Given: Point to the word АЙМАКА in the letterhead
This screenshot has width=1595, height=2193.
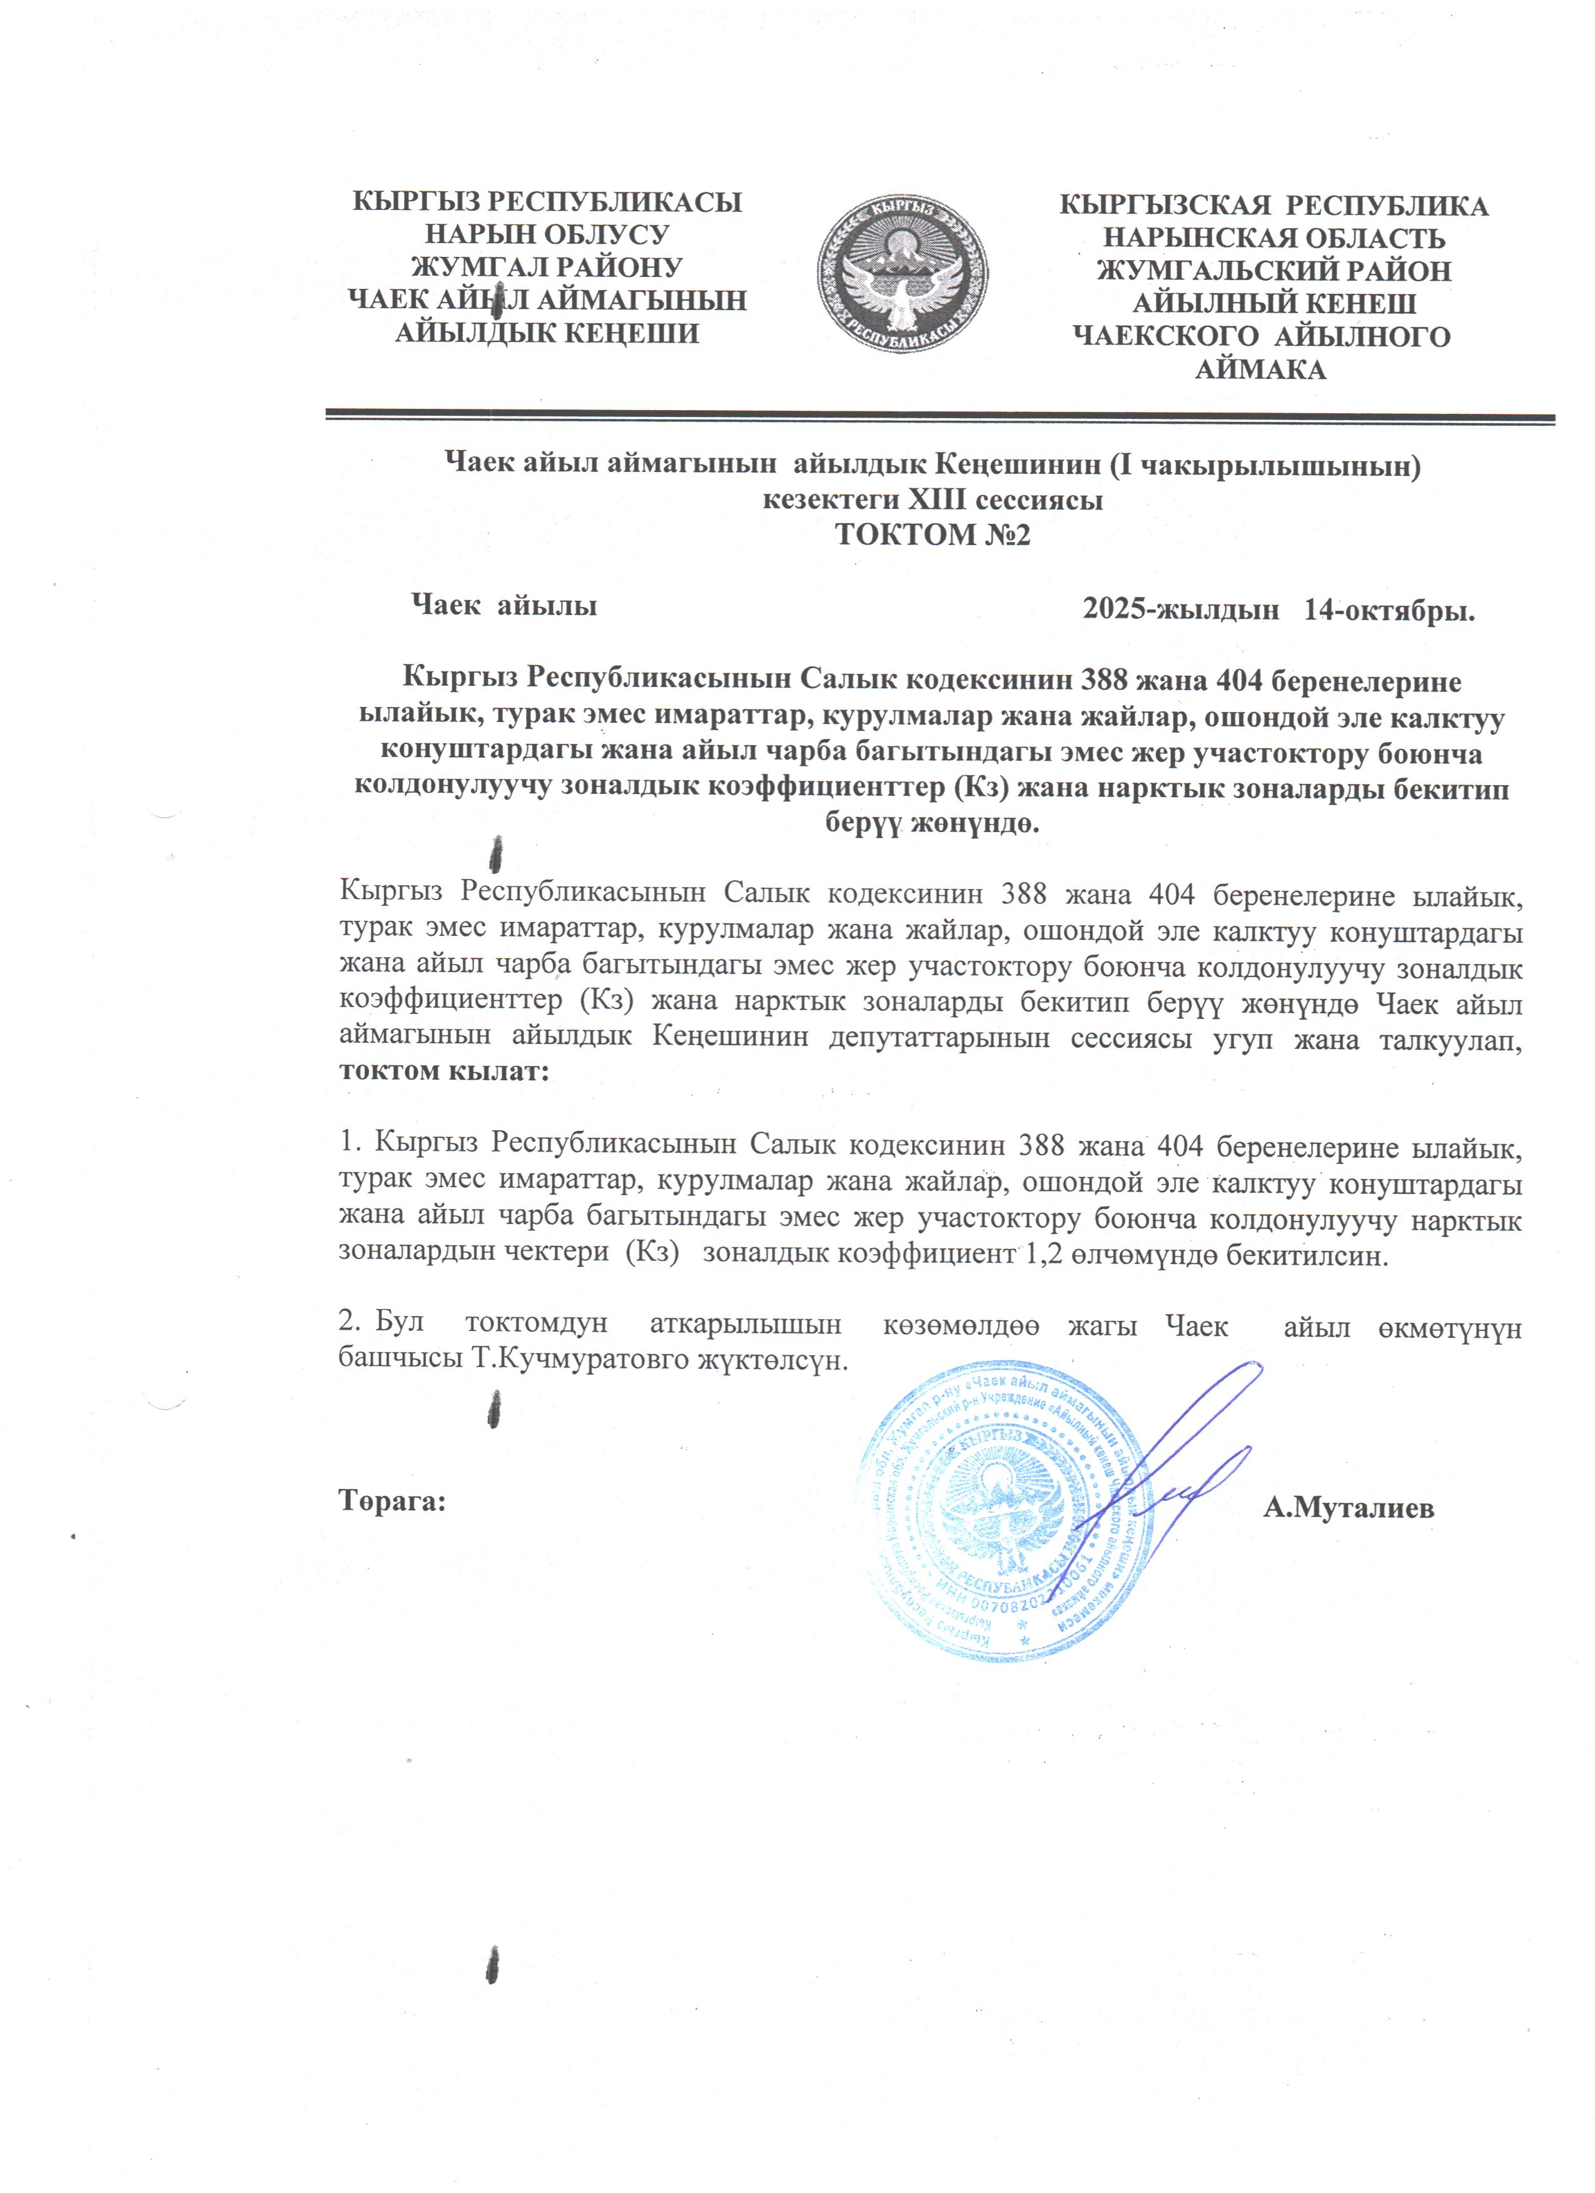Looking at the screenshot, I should (1260, 369).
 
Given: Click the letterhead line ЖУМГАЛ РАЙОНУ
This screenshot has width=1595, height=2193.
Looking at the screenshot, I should (547, 267).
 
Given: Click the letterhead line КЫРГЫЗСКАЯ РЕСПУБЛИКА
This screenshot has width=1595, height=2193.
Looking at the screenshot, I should (1274, 205).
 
